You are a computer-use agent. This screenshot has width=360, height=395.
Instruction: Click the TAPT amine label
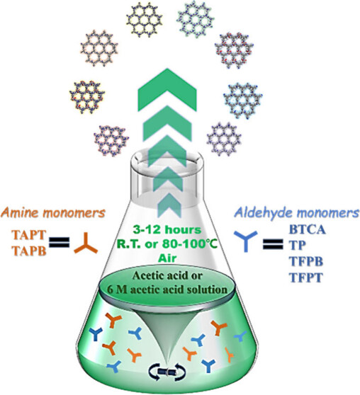click(x=29, y=235)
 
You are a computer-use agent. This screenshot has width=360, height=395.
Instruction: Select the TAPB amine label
click(x=29, y=251)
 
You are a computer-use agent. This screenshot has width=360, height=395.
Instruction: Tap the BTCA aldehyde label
click(x=308, y=230)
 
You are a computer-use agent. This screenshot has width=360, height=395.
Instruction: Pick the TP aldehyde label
click(x=298, y=245)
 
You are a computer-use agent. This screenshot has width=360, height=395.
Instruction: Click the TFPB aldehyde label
click(x=306, y=261)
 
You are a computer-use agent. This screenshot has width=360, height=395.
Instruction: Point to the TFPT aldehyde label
click(x=306, y=277)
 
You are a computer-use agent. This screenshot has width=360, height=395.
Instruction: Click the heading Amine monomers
click(x=52, y=213)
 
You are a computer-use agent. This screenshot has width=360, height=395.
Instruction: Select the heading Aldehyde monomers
click(x=296, y=213)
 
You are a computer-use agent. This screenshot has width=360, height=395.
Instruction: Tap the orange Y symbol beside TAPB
click(x=86, y=245)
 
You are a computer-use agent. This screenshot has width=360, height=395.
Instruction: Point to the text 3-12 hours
click(x=167, y=230)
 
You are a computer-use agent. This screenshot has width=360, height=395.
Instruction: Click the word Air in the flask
click(x=167, y=258)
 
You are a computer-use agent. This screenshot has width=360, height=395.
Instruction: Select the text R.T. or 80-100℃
click(x=167, y=244)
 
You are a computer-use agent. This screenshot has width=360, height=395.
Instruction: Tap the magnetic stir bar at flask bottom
click(x=167, y=372)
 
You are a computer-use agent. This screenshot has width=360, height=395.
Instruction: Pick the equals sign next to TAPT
click(x=60, y=243)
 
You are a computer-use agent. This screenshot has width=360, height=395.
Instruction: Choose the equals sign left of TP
click(x=273, y=244)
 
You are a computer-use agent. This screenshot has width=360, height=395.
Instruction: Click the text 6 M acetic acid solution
click(x=167, y=290)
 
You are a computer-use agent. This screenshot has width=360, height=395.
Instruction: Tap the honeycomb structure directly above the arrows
click(x=145, y=20)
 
